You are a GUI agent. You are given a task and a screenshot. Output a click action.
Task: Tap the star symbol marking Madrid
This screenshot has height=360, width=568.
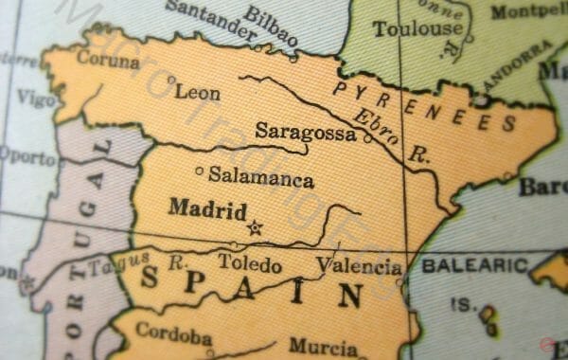[x=254, y=226]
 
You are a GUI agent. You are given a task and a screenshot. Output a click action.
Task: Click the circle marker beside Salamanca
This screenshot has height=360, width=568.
[x=199, y=171]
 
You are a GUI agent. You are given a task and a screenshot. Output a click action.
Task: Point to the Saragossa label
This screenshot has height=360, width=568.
[x=306, y=133]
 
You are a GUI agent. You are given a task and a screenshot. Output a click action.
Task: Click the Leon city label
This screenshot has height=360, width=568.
[x=199, y=93]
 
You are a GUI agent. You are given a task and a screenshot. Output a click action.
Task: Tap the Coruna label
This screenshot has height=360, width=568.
[x=108, y=60]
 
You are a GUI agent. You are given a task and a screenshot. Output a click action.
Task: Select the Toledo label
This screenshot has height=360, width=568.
[x=250, y=262]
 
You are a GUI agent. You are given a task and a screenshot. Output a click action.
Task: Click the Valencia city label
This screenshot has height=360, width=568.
[x=359, y=266]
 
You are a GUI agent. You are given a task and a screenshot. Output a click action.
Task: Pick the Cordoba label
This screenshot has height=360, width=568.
[x=173, y=333]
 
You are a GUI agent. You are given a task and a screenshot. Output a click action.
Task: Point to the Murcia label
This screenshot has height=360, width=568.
[x=324, y=346]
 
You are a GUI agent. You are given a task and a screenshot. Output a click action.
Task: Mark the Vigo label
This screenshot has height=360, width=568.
[x=35, y=99]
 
